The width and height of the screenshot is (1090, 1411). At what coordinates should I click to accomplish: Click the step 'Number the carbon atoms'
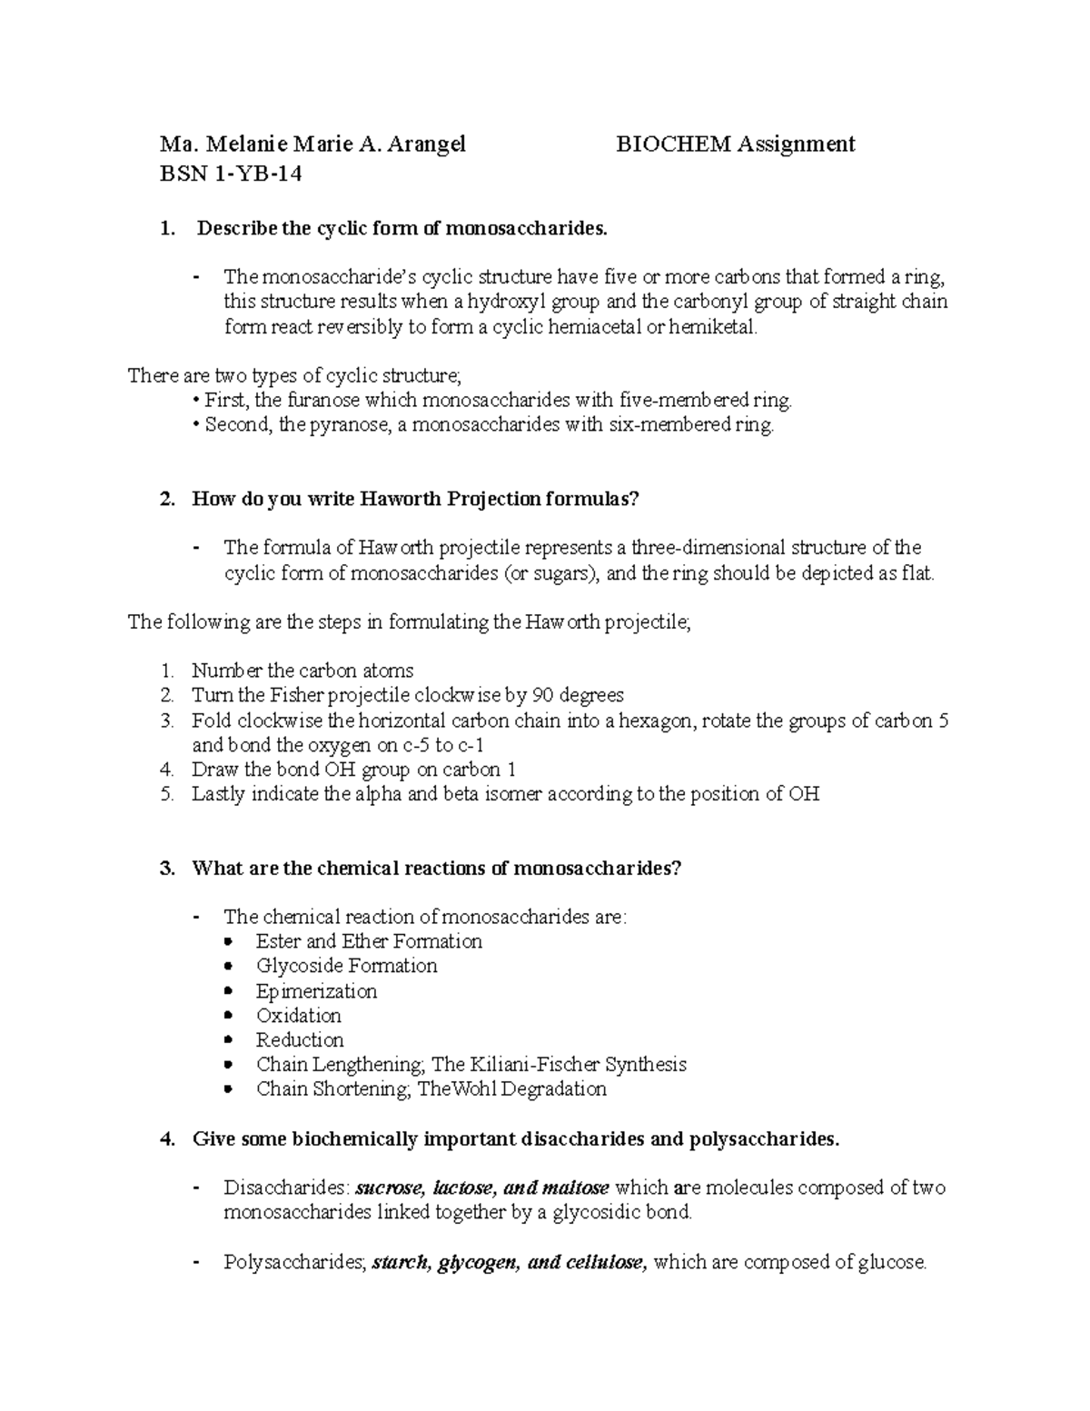[x=302, y=671]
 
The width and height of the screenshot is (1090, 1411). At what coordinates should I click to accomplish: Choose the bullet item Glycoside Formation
[x=346, y=966]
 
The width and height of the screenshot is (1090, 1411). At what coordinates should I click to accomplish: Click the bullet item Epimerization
[x=316, y=991]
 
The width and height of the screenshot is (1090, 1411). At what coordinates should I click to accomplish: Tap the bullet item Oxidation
[x=298, y=1016]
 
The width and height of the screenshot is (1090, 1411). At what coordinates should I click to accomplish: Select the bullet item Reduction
[x=300, y=1040]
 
